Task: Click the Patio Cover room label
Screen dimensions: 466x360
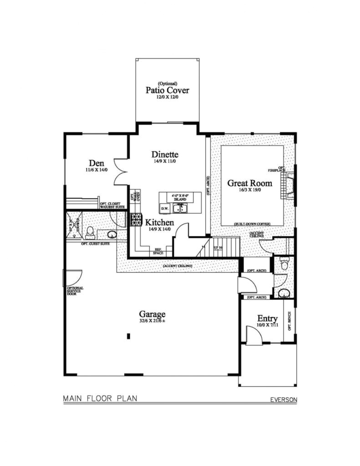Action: (x=167, y=90)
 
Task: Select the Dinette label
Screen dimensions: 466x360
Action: (x=165, y=155)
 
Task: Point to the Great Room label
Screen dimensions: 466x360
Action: (x=250, y=183)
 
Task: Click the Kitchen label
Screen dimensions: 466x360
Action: (x=159, y=223)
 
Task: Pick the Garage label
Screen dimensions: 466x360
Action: (x=152, y=314)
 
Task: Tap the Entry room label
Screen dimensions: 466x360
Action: (x=268, y=318)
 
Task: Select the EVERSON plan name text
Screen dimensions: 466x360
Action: (x=284, y=400)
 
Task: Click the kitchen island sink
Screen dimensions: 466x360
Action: (x=184, y=209)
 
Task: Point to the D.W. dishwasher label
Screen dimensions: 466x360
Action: (x=165, y=209)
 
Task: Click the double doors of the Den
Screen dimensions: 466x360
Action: (x=120, y=172)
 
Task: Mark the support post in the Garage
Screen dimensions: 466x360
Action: (x=129, y=336)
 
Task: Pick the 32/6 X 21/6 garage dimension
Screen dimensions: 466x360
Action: (x=152, y=321)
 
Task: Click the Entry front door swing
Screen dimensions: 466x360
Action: (x=253, y=335)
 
